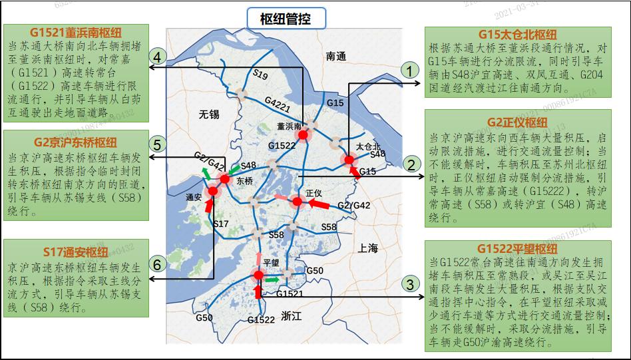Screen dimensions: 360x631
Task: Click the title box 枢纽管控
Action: coord(285,18)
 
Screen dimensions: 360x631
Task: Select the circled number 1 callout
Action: coord(411,69)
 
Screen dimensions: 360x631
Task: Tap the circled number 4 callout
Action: coord(157,57)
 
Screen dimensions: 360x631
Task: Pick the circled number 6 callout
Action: coord(157,264)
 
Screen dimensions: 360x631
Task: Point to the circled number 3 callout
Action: coord(411,284)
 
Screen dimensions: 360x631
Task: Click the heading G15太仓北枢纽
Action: coord(517,35)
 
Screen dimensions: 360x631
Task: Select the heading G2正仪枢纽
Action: coord(517,122)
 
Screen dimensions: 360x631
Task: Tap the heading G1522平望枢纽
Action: coord(517,249)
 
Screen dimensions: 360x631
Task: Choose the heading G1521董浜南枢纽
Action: coord(76,33)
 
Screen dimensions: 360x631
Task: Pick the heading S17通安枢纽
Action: coord(76,252)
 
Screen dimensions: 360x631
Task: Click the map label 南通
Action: coord(337,57)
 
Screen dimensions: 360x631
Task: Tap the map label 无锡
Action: coord(208,114)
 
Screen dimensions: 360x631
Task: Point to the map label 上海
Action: coord(367,248)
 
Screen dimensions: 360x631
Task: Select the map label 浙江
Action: coord(292,315)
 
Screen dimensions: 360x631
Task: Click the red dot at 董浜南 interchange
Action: coord(304,136)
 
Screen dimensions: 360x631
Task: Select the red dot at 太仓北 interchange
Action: coord(349,159)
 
